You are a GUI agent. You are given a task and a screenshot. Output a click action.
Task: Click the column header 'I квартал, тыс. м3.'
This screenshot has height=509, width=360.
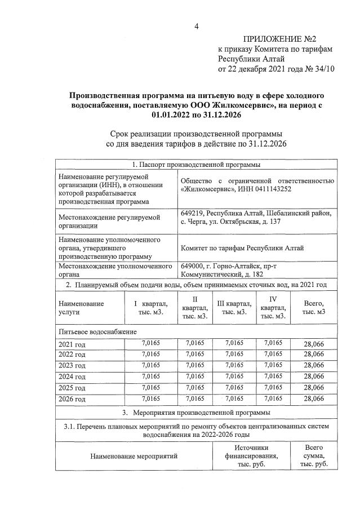pos(149,308)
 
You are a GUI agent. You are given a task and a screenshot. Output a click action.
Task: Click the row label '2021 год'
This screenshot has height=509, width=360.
pos(72,344)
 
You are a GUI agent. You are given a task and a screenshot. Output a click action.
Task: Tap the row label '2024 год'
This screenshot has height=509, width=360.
pos(72,377)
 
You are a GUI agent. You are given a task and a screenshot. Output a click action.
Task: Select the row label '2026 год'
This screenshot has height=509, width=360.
pos(72,399)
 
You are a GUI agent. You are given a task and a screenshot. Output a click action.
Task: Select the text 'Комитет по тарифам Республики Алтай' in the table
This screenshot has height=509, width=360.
pos(250,247)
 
